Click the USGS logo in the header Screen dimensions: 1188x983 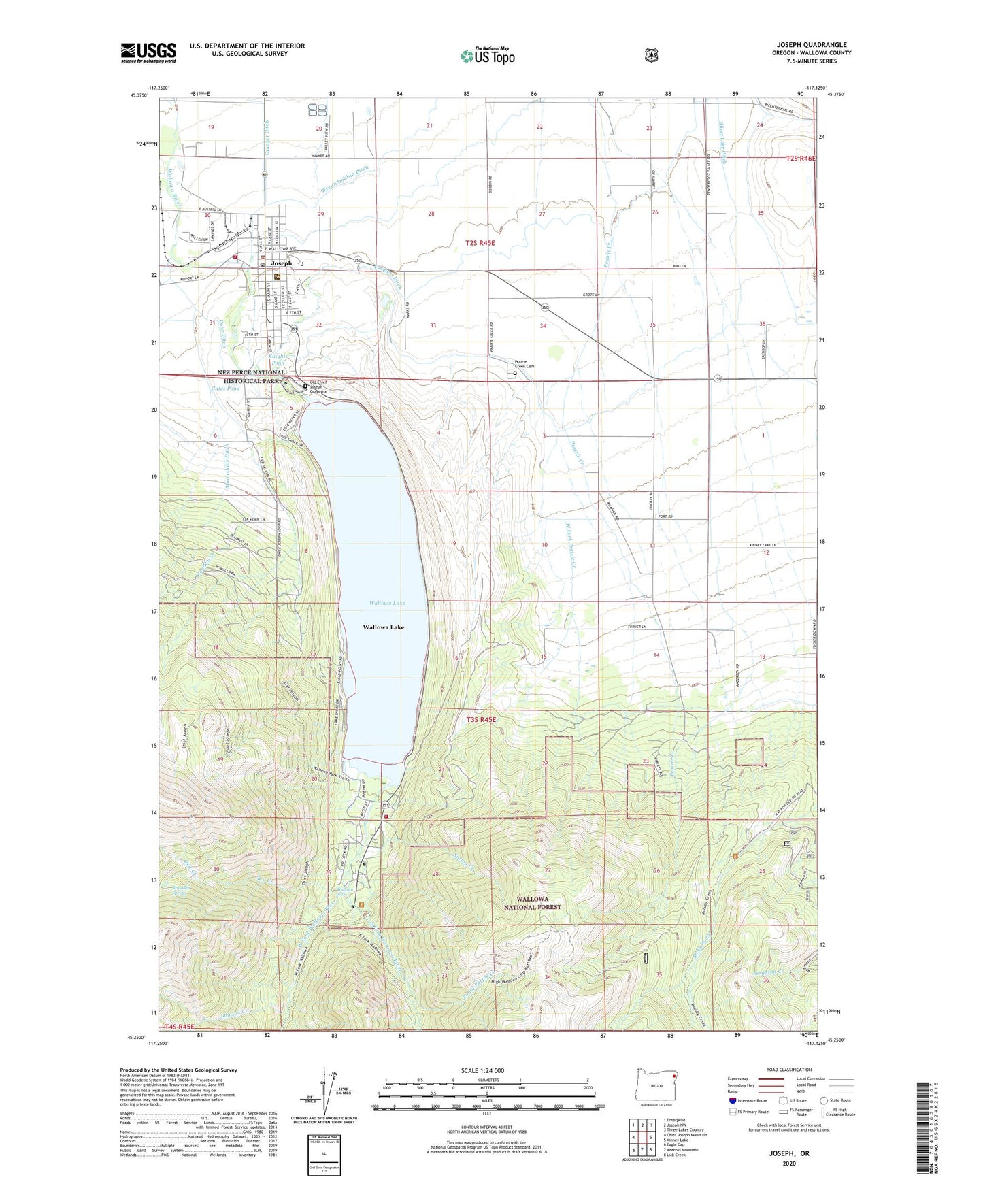click(148, 52)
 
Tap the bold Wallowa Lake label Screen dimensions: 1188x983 click(383, 627)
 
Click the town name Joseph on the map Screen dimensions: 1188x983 click(281, 263)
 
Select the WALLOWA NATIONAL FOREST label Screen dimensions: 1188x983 click(532, 903)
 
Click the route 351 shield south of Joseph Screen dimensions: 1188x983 click(293, 329)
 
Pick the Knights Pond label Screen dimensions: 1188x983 click(278, 359)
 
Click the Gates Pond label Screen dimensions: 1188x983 click(225, 389)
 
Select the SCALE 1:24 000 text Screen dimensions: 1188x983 click(482, 1070)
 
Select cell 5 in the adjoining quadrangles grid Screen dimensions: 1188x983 click(651, 1137)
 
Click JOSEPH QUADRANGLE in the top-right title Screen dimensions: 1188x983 click(812, 44)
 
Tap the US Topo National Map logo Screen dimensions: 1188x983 click(487, 56)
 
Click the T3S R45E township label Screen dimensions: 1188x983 click(481, 719)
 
